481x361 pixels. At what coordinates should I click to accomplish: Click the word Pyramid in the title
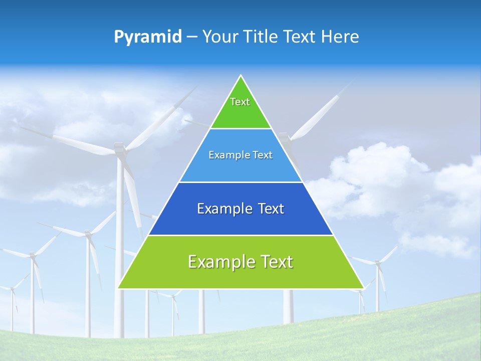tap(148, 37)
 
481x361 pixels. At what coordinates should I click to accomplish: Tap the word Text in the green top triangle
tap(240, 102)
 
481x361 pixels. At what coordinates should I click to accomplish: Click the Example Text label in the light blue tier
tap(241, 155)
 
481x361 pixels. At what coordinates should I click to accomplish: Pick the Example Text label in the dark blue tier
tap(241, 209)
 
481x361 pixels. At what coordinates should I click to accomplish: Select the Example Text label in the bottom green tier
tap(241, 262)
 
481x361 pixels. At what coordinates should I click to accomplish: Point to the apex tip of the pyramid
tap(241, 76)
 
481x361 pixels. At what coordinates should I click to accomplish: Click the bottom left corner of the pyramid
tap(119, 288)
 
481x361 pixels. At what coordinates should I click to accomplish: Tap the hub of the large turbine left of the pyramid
tap(119, 149)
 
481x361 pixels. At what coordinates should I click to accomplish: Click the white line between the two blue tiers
tap(241, 182)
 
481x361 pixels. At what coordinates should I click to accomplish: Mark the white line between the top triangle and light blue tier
tap(241, 128)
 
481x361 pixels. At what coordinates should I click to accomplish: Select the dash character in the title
tap(192, 37)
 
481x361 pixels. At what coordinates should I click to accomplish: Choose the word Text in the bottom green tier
tap(275, 262)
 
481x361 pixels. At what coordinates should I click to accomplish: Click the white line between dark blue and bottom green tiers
tap(241, 235)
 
